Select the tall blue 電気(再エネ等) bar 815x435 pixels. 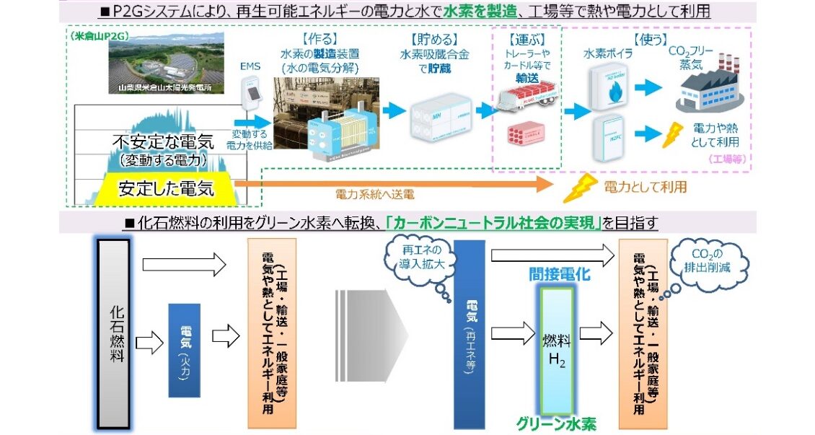(469, 335)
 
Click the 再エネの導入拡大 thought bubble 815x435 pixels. (418, 256)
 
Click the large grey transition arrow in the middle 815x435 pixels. (371, 333)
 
